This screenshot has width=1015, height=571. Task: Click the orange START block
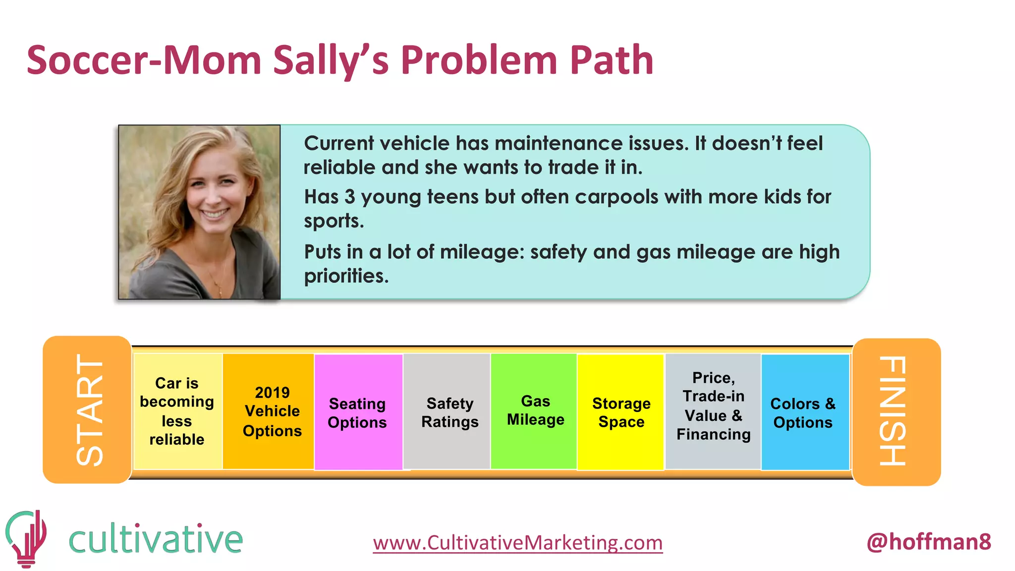coord(87,409)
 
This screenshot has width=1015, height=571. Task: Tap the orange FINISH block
coord(896,411)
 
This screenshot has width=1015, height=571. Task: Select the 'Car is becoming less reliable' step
coord(177,411)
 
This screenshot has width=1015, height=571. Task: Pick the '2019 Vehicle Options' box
coord(272,411)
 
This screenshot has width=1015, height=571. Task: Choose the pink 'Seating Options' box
coord(357,412)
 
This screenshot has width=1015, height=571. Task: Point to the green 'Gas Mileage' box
coord(535,410)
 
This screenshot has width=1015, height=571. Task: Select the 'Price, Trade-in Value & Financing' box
coord(713,406)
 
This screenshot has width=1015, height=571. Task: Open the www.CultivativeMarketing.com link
coord(517,542)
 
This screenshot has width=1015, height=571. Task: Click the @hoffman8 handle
coord(929,541)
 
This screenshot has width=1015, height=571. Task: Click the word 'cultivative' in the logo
coord(156,539)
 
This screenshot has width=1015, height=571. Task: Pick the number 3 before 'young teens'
coord(349,197)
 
